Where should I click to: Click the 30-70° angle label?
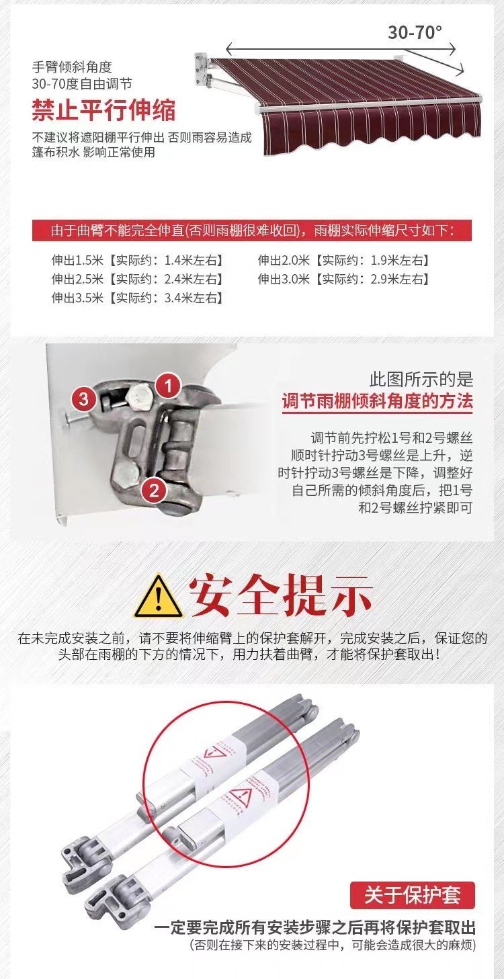point(415,32)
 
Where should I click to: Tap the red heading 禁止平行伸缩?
point(103,110)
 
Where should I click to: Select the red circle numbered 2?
point(154,490)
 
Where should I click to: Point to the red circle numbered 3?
point(83,399)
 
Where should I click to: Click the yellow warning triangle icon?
point(157,595)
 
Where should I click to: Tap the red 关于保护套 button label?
point(412,895)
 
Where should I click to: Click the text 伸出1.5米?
point(77,260)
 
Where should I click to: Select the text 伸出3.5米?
point(77,297)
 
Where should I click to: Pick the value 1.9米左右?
point(401,260)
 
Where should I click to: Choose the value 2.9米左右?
point(401,278)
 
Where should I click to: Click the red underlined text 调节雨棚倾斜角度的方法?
point(377,402)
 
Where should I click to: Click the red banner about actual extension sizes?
point(252,231)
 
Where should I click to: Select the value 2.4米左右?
point(194,278)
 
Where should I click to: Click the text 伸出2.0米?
point(284,260)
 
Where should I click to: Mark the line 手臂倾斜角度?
point(71,67)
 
